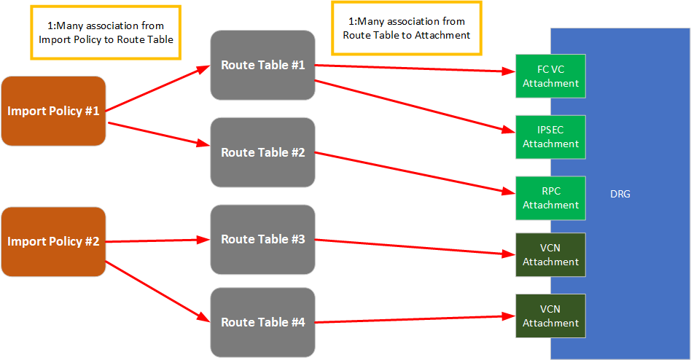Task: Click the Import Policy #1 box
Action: click(53, 111)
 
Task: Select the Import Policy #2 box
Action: click(53, 241)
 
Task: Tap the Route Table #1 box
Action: click(262, 65)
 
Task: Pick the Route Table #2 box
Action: click(262, 152)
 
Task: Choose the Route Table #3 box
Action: click(262, 239)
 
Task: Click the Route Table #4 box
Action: click(262, 322)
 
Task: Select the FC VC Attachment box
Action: click(550, 76)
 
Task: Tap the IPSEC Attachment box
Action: click(550, 137)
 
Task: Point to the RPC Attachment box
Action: click(550, 198)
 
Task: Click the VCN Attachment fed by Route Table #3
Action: click(550, 255)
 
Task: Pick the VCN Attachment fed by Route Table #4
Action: click(550, 316)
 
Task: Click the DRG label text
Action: click(620, 194)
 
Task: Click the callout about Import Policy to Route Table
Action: click(106, 33)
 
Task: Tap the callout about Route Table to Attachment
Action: click(406, 28)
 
